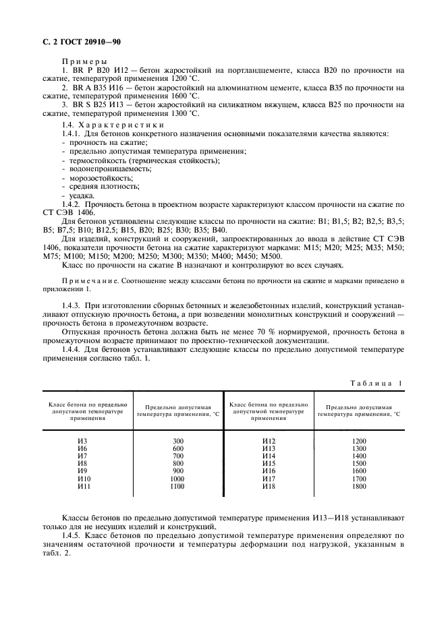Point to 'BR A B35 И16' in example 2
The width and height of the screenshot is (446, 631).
point(103,88)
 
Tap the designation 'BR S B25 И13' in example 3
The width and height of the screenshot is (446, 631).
point(103,105)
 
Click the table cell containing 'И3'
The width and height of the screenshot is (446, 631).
point(82,441)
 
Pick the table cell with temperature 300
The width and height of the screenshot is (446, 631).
point(178,441)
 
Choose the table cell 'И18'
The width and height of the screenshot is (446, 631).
point(269,486)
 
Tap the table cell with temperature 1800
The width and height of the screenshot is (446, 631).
point(359,486)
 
